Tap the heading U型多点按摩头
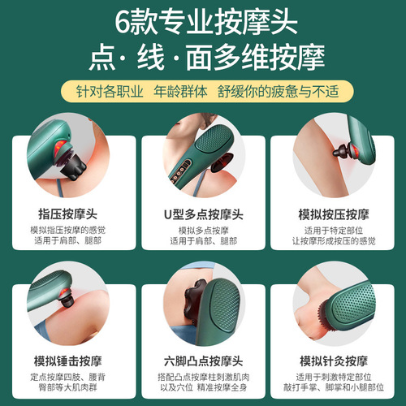(x=203, y=214)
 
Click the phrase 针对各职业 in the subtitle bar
(x=114, y=91)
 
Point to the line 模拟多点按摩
(x=203, y=230)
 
